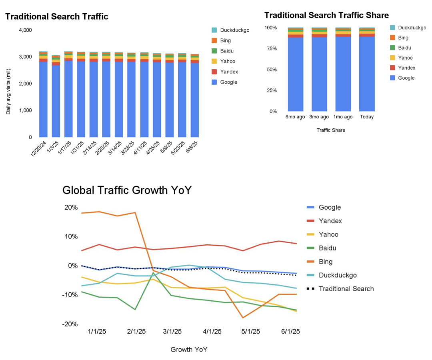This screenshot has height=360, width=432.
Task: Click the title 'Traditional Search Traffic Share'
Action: click(326, 15)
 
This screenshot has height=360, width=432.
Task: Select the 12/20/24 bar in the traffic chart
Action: click(43, 96)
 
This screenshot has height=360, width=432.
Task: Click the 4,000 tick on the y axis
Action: click(25, 30)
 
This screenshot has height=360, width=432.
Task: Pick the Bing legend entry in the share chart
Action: click(403, 38)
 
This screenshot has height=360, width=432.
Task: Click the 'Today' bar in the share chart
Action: click(367, 72)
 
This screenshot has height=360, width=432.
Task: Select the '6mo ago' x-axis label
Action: click(296, 117)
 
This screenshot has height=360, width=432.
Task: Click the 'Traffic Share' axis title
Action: click(331, 130)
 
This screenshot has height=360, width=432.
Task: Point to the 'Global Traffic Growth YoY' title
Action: click(127, 190)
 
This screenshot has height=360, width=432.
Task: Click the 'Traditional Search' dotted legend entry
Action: click(346, 288)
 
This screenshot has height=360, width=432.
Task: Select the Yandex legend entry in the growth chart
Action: click(330, 221)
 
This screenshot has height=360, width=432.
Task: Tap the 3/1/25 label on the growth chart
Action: click(172, 331)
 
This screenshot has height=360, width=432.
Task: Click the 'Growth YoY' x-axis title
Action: click(189, 349)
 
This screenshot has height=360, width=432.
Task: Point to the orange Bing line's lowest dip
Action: click(242, 318)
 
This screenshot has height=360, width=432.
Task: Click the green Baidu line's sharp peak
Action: click(153, 273)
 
